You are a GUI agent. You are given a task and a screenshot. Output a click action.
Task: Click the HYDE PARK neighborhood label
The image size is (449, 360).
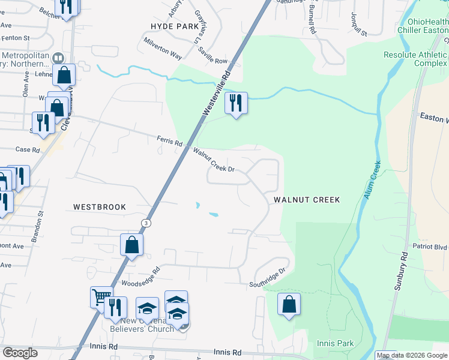point(174,26)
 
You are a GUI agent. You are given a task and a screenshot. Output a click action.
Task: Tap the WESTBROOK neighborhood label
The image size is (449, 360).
point(100,207)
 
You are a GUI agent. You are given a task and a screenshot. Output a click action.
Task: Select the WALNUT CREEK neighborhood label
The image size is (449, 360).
point(307,200)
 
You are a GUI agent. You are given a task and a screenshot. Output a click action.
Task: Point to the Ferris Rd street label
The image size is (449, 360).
point(170,143)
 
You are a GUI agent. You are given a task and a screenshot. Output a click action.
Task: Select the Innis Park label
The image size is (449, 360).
point(335,343)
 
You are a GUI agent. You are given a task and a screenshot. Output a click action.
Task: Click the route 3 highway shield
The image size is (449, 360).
point(146,223)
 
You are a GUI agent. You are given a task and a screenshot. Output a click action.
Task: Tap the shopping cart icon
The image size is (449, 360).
point(101,297)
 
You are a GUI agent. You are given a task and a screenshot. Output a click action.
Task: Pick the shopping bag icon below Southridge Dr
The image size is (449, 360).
point(289,304)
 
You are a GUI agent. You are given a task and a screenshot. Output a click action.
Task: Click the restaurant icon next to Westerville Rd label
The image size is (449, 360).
point(236,103)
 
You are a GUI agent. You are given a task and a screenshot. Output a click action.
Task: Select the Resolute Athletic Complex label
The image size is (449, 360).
point(415,59)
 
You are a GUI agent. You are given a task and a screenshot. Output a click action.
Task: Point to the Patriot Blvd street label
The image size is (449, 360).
point(430,246)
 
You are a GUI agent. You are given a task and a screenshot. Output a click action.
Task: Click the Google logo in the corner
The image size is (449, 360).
point(20,353)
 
